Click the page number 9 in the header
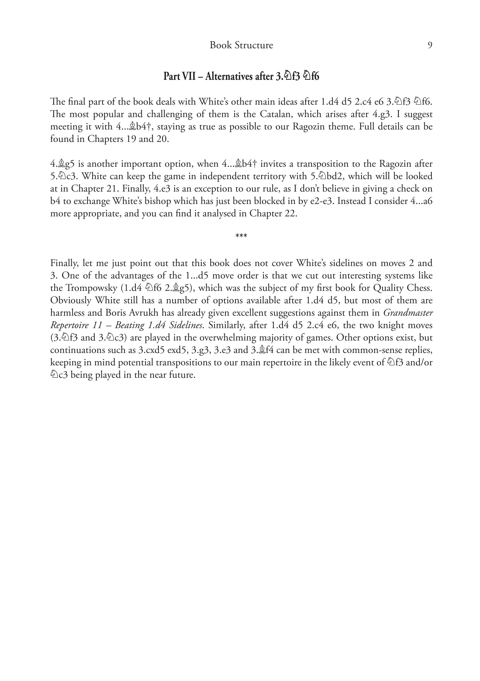tap(430, 45)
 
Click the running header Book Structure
tap(241, 45)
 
